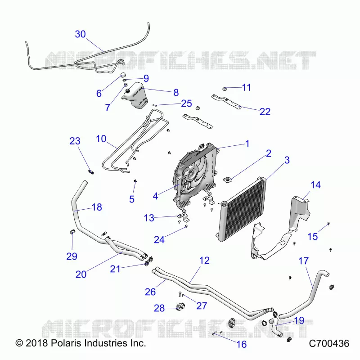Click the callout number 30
(81, 34)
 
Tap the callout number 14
(315, 185)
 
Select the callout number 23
(75, 141)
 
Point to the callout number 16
(242, 344)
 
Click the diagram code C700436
(329, 343)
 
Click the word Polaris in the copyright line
(66, 343)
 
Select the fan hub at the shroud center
(191, 174)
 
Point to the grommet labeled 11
(225, 88)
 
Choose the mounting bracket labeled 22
(226, 101)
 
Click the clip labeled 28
(180, 306)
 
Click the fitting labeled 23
(91, 171)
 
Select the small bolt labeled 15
(328, 223)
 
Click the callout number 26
(150, 292)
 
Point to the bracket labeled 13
(184, 217)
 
